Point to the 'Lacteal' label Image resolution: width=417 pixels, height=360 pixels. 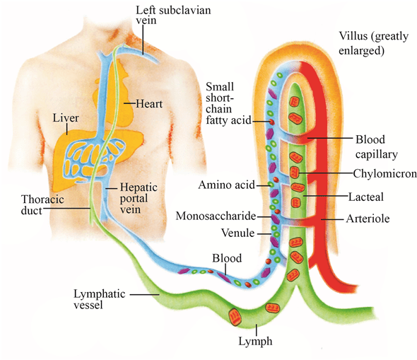point(372,194)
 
